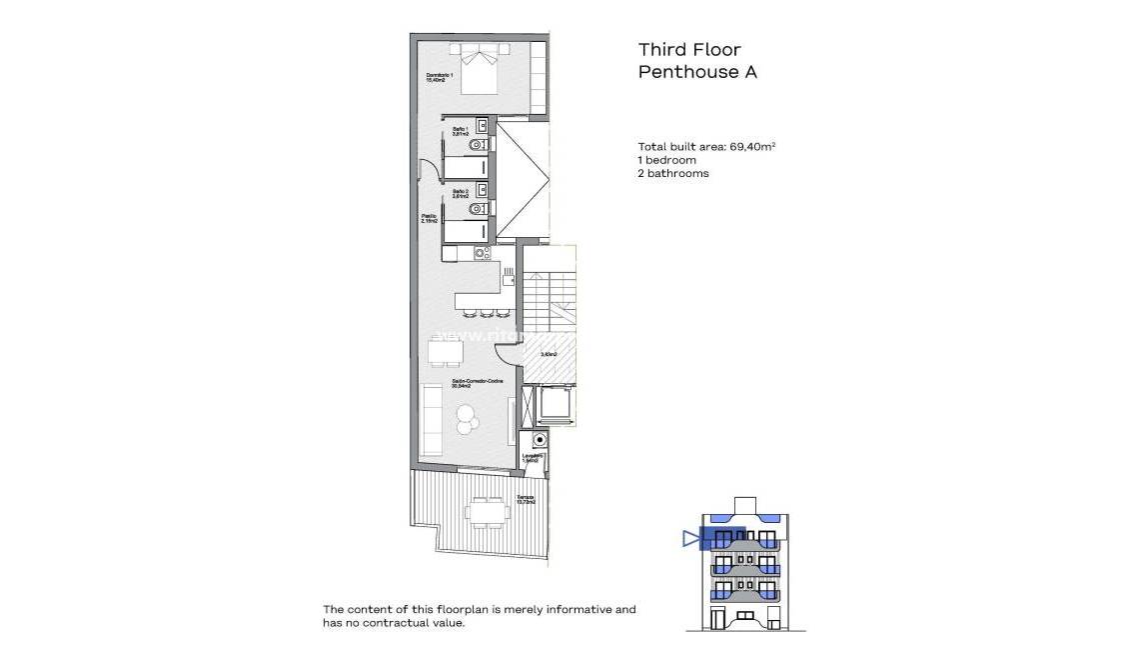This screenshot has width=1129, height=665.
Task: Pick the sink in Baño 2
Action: (x=483, y=189)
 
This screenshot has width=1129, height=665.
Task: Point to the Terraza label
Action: (x=526, y=499)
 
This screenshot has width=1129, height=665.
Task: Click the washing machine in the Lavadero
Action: (x=541, y=440)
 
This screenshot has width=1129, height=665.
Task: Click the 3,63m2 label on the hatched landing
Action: (x=549, y=354)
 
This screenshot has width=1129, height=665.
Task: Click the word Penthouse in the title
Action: (x=683, y=72)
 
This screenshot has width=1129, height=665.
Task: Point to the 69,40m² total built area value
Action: (x=752, y=146)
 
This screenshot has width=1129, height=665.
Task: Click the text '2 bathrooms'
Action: (x=673, y=174)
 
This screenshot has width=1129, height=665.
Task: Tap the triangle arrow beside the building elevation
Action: (x=689, y=539)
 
